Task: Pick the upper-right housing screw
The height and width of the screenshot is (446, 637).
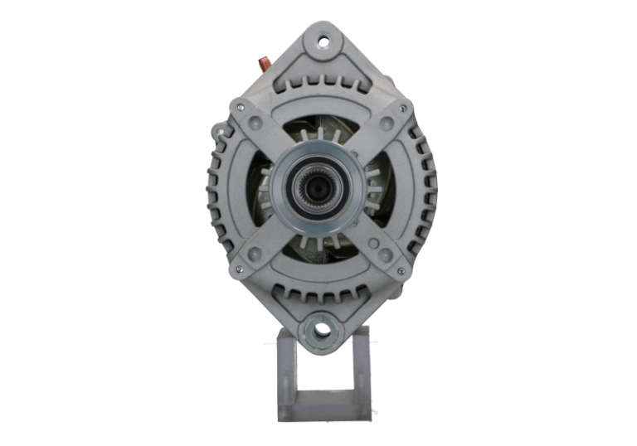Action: point(403,108)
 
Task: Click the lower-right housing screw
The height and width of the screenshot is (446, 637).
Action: point(401,270)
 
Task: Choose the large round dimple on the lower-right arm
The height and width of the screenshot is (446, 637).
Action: point(375,245)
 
